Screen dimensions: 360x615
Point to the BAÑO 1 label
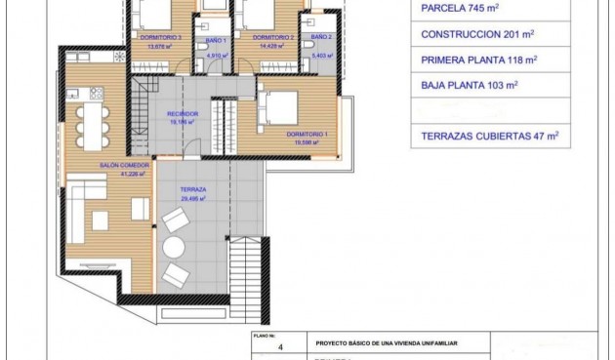(216, 40)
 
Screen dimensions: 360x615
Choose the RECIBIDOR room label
(183, 113)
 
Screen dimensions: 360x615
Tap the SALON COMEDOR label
(123, 166)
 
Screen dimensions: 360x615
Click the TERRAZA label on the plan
(181, 189)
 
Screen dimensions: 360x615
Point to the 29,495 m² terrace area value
(182, 198)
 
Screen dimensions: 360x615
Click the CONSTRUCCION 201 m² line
(477, 34)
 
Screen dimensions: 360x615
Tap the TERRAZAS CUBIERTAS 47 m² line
(490, 138)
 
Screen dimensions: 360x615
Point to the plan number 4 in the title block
(280, 344)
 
